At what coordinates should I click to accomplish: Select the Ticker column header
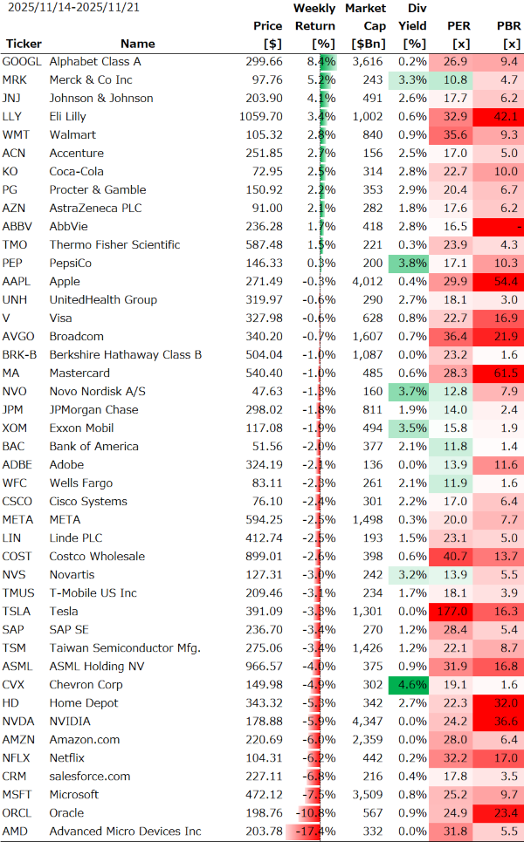[x=24, y=44]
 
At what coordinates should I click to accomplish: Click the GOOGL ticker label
[x=22, y=62]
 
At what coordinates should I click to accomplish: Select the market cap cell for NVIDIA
[x=366, y=722]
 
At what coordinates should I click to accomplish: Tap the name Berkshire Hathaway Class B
[x=126, y=355]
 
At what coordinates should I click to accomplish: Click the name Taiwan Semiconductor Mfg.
[x=125, y=648]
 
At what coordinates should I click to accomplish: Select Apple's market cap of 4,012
[x=366, y=282]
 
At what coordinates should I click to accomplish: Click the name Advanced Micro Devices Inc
[x=125, y=832]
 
